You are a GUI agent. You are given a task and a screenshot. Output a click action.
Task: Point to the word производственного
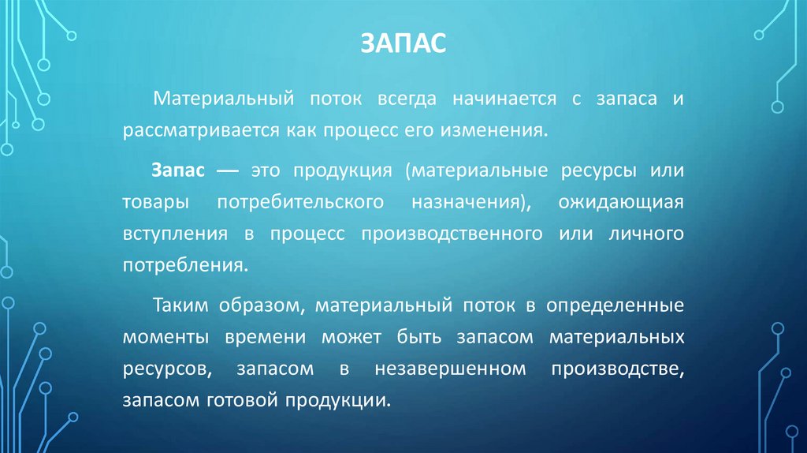[x=452, y=234]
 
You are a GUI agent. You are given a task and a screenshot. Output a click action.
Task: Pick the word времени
[x=267, y=336]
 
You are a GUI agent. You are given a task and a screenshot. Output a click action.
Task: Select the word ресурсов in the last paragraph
[x=162, y=369]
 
